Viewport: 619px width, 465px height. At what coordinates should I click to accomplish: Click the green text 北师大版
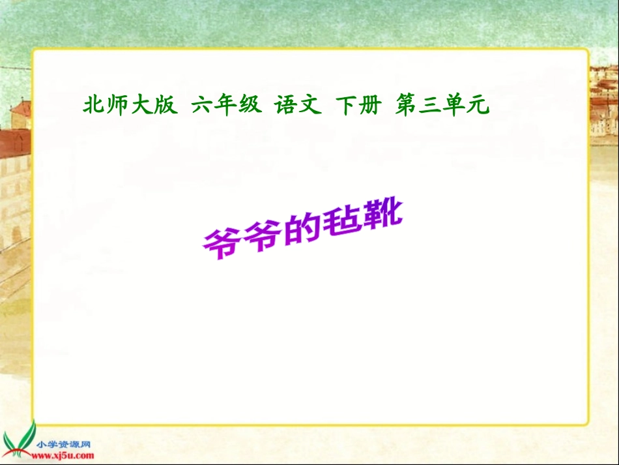click(130, 106)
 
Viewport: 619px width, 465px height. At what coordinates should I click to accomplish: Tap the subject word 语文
click(298, 106)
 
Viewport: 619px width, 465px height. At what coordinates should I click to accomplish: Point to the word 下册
click(358, 106)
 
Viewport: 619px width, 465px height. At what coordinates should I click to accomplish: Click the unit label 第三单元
click(442, 106)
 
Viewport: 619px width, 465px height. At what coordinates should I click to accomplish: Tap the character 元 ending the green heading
click(479, 106)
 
